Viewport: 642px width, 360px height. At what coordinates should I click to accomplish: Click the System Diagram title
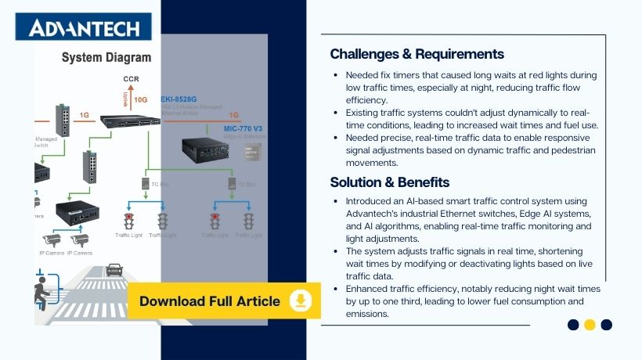tap(106, 57)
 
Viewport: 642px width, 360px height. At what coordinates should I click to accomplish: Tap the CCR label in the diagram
tap(131, 80)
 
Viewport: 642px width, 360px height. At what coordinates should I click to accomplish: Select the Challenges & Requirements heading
tap(417, 54)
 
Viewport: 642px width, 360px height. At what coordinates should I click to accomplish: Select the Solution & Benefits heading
tap(389, 182)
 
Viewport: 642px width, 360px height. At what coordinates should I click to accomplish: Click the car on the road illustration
tap(114, 270)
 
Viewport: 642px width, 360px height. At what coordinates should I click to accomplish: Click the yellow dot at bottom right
tap(590, 325)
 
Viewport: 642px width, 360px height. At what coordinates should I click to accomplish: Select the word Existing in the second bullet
tap(365, 113)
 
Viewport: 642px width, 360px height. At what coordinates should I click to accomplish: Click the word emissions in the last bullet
tap(367, 313)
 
